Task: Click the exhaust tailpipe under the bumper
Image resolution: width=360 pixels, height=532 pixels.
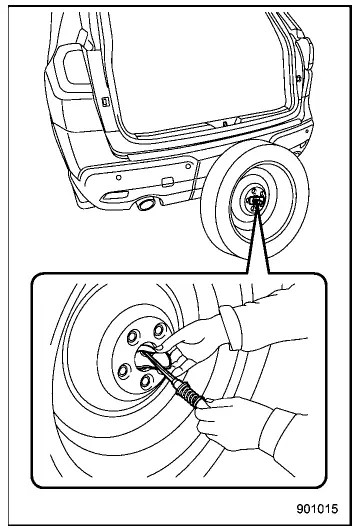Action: tap(146, 205)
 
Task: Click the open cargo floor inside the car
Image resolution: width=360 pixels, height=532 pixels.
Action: tap(200, 95)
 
